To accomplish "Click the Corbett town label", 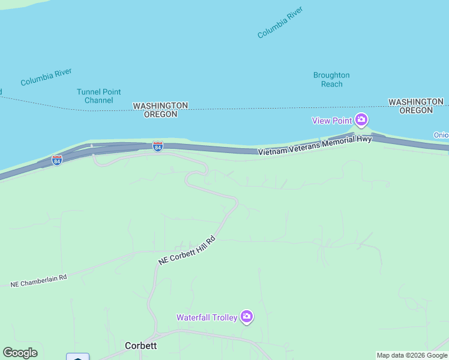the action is click(140, 346).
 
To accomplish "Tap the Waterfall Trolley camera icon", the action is click(246, 316).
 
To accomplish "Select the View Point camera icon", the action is click(361, 120).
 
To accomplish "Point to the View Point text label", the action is click(331, 121).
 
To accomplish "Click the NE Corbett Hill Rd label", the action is click(186, 251).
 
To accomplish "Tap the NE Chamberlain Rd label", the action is click(38, 280).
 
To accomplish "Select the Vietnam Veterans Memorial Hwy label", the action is click(315, 146).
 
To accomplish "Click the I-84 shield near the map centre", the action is click(157, 146).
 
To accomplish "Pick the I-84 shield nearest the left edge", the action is click(56, 161).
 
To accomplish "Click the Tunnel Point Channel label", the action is click(98, 96).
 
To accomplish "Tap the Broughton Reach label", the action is click(331, 79).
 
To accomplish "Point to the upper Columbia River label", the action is click(280, 23).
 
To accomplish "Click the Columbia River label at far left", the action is click(46, 77).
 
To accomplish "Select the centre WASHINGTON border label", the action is click(160, 106).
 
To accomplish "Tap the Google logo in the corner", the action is click(20, 353).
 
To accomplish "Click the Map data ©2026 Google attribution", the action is click(412, 355).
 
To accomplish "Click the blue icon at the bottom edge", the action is click(77, 357).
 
